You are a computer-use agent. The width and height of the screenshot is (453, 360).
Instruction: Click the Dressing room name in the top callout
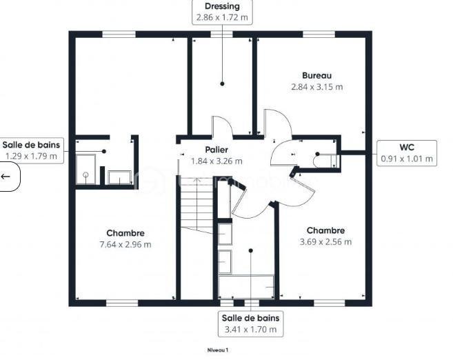[222, 6]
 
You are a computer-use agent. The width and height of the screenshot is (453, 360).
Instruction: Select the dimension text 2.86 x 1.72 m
[222, 17]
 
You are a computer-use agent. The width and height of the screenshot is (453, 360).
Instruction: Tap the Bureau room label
[316, 75]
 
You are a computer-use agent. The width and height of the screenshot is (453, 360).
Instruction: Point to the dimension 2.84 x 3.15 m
[316, 87]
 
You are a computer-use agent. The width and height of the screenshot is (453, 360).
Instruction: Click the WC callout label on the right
[407, 146]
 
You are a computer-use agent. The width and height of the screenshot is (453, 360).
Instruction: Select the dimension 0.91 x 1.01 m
[407, 158]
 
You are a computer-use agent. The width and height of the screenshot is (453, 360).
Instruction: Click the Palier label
[216, 149]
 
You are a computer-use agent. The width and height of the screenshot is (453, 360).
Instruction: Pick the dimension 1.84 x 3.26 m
[216, 161]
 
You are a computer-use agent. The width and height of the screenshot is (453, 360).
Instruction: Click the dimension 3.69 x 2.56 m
[325, 241]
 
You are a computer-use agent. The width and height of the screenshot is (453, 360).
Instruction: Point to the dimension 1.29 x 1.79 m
[31, 156]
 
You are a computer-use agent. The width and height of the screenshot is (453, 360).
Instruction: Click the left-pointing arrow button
[6, 177]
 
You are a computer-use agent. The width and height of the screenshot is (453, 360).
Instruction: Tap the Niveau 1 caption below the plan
[217, 350]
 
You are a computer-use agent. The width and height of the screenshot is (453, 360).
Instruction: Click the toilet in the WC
[323, 161]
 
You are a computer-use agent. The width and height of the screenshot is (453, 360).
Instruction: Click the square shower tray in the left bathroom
[86, 169]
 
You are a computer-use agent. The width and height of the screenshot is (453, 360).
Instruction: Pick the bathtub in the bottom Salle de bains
[246, 284]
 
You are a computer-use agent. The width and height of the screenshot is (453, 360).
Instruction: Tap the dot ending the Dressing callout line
[222, 83]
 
